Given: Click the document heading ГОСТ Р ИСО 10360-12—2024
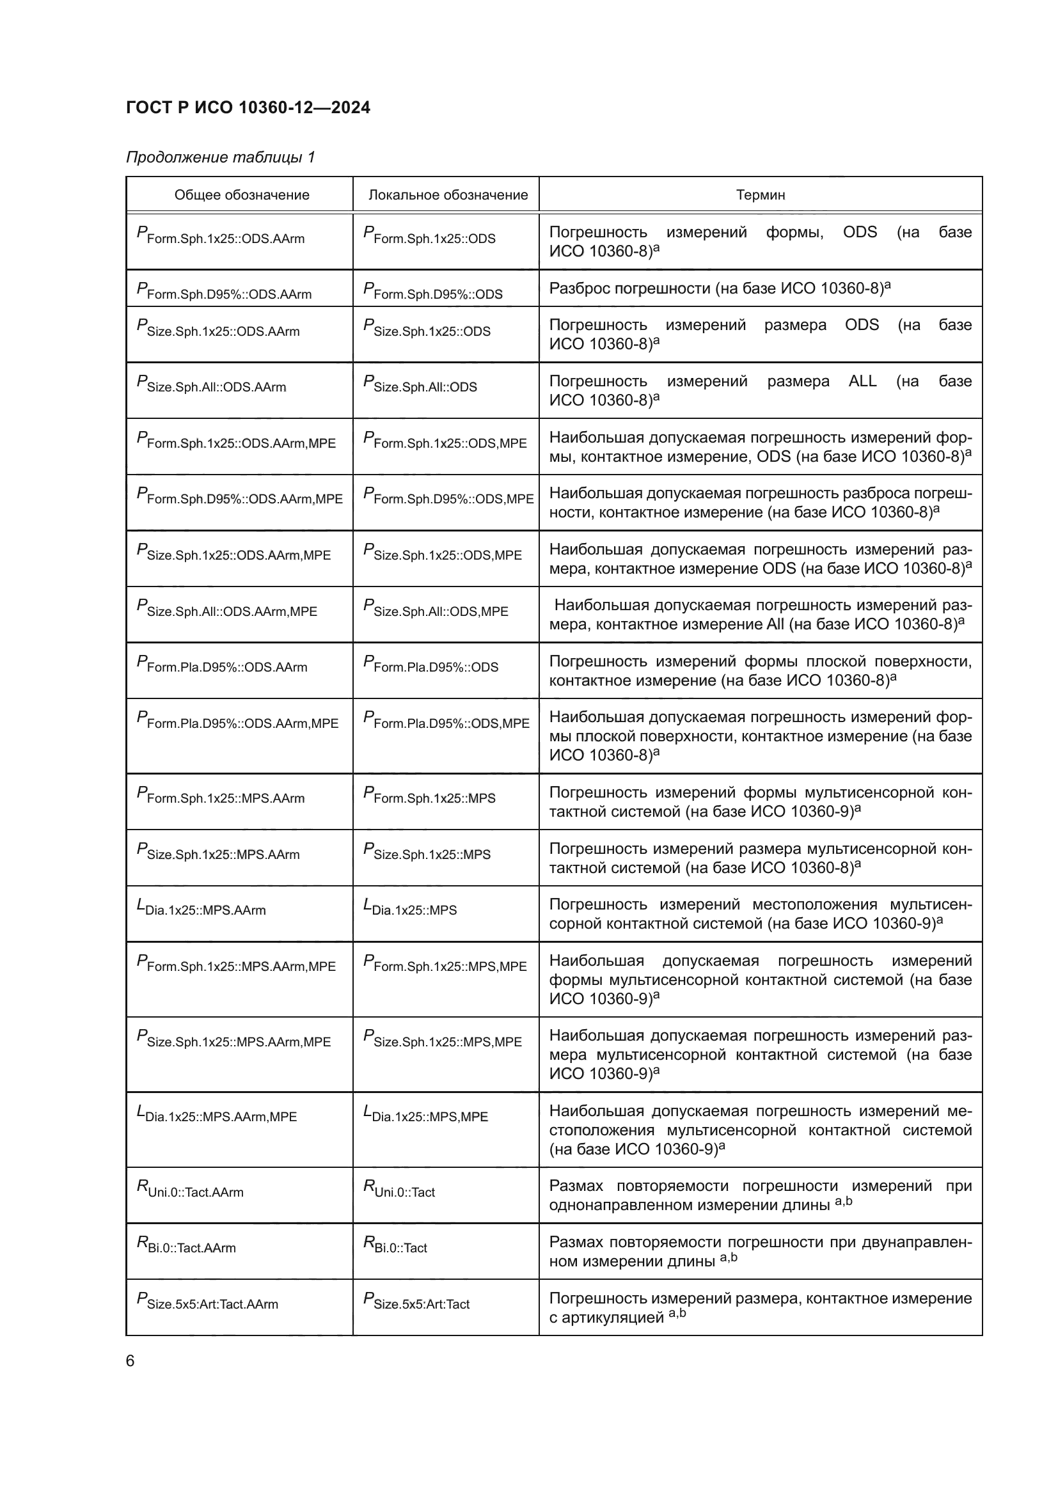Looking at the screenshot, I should [x=248, y=107].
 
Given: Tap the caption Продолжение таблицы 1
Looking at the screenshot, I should [x=220, y=157].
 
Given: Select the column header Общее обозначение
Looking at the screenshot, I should [x=242, y=195].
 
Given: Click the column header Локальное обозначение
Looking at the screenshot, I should [x=448, y=195].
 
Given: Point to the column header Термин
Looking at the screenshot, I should [x=761, y=195].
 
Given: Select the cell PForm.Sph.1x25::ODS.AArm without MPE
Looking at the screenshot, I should [x=221, y=236].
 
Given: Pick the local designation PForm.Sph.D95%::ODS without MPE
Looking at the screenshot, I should [x=432, y=291].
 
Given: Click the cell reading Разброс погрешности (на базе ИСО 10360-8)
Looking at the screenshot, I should [x=719, y=288].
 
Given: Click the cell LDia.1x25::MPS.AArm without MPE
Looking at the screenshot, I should [x=201, y=908].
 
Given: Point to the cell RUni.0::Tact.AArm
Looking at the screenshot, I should [x=190, y=1190].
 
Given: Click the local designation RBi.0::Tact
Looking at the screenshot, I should [x=395, y=1246].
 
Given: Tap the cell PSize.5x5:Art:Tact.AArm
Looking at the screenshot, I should [x=207, y=1302].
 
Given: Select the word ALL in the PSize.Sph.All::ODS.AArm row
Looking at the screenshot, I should [x=862, y=381].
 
